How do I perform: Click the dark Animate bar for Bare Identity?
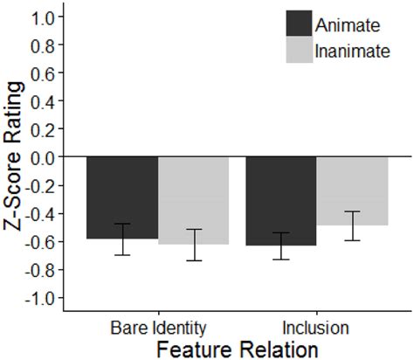click(122, 197)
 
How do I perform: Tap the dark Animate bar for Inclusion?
click(280, 200)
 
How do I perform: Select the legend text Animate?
click(346, 23)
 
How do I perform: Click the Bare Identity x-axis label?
click(158, 329)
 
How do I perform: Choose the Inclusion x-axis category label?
click(316, 329)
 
